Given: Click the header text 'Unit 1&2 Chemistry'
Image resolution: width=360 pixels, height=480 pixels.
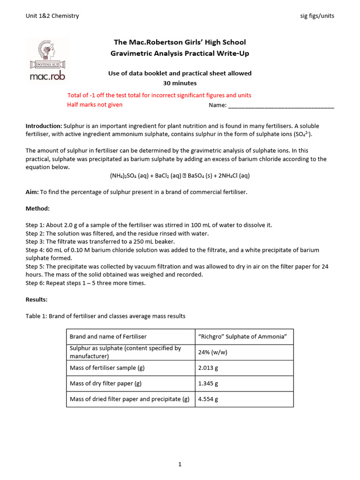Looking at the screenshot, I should [52, 16].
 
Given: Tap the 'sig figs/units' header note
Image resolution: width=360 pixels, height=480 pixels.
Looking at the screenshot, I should [317, 16].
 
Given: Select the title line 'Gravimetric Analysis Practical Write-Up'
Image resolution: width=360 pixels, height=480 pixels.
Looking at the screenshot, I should [180, 53].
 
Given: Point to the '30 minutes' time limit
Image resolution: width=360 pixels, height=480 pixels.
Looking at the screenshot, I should [180, 83].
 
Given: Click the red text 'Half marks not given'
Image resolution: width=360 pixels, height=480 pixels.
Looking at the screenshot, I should [95, 105].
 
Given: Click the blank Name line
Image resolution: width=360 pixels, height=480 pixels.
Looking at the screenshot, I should [281, 105].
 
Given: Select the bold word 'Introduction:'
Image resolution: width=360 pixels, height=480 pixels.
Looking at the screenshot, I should [44, 126].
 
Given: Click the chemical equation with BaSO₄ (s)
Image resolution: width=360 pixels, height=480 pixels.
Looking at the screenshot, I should [180, 176].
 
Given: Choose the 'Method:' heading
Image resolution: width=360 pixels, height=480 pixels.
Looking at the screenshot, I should [37, 208].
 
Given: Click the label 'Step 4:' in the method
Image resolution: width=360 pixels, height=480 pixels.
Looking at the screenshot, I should [35, 250].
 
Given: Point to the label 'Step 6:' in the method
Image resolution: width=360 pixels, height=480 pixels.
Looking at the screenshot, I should [35, 283].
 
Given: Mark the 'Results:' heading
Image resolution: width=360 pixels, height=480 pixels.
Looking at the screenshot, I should [37, 299].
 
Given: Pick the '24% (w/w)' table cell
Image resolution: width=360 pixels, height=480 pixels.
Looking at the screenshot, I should [213, 352].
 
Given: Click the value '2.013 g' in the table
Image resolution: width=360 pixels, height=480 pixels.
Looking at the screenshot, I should [208, 367].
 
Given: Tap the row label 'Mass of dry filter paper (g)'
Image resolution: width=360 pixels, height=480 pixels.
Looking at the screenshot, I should [105, 383].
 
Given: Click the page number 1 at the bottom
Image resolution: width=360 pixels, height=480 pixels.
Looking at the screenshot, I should [180, 465].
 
